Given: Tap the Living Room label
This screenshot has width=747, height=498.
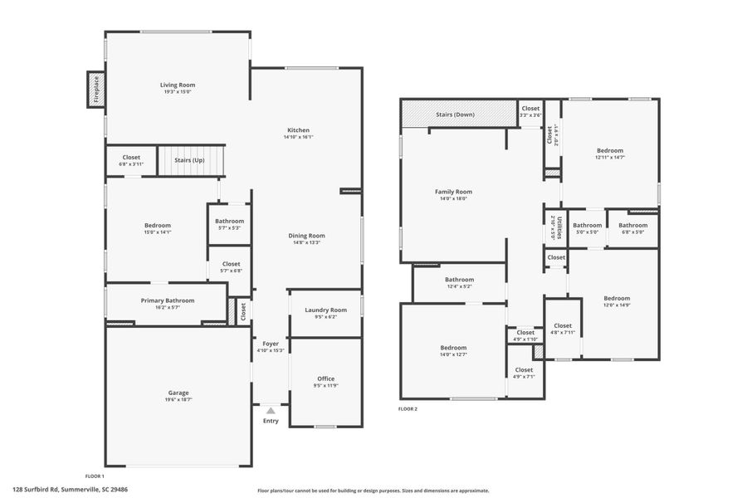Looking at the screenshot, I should click(178, 85).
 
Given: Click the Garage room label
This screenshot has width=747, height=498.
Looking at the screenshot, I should click(178, 393).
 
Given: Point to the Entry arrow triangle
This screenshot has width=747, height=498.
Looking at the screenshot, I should click(271, 410).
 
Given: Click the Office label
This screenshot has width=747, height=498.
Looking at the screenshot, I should click(325, 378).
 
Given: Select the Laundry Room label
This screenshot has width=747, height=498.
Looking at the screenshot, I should click(325, 310).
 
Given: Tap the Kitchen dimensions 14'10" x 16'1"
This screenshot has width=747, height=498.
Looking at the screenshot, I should click(298, 138).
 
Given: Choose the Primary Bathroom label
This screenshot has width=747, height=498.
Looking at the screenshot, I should click(167, 300).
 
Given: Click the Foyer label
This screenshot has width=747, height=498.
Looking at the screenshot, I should click(271, 344).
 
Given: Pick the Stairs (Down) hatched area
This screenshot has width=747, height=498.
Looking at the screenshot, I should click(455, 115).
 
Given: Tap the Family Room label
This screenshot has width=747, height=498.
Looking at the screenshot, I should click(453, 192).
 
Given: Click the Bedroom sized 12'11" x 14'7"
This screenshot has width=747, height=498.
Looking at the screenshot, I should click(609, 150).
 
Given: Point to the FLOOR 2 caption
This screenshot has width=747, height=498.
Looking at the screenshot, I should click(408, 409).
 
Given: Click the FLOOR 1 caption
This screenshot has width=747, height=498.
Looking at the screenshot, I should click(94, 476).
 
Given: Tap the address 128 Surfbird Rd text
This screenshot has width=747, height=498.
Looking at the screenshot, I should click(70, 490).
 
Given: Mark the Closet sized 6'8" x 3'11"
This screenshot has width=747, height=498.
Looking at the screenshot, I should click(131, 160).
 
